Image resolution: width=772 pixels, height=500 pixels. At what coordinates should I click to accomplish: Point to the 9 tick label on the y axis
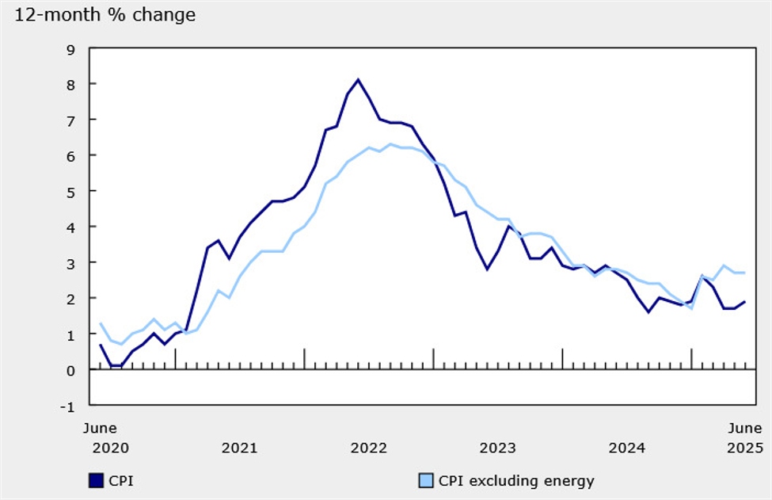point(70,49)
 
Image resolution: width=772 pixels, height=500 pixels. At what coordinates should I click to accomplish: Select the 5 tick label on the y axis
point(70,192)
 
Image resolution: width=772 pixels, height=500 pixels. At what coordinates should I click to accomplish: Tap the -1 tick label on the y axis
point(69,406)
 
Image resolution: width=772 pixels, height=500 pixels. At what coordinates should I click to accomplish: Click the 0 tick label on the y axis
point(70,370)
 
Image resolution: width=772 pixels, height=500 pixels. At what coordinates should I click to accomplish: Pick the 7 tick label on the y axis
point(70,120)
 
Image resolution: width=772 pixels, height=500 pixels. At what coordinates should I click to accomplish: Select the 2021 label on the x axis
point(239,448)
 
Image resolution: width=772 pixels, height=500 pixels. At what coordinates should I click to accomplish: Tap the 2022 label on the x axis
point(368,448)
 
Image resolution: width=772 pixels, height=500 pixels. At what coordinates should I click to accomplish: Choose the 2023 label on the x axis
point(497,448)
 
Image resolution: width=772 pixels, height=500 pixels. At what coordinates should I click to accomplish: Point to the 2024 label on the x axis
point(626,448)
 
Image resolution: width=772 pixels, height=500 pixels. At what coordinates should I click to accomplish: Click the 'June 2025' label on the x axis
point(744,438)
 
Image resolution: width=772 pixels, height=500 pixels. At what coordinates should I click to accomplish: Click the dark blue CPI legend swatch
point(97,480)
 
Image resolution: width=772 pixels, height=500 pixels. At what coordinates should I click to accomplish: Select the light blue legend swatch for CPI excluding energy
point(424,480)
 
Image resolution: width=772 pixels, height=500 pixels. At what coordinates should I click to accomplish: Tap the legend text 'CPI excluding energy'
point(515,480)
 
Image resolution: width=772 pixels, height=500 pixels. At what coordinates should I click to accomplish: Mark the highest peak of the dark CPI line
point(358,79)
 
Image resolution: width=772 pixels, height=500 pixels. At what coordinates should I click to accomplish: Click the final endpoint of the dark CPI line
point(744,302)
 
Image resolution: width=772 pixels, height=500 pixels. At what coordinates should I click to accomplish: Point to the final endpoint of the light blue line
point(744,273)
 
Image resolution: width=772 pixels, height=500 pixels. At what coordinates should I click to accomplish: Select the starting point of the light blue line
point(101,323)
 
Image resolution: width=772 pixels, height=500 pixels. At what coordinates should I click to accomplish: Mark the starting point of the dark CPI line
point(101,345)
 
